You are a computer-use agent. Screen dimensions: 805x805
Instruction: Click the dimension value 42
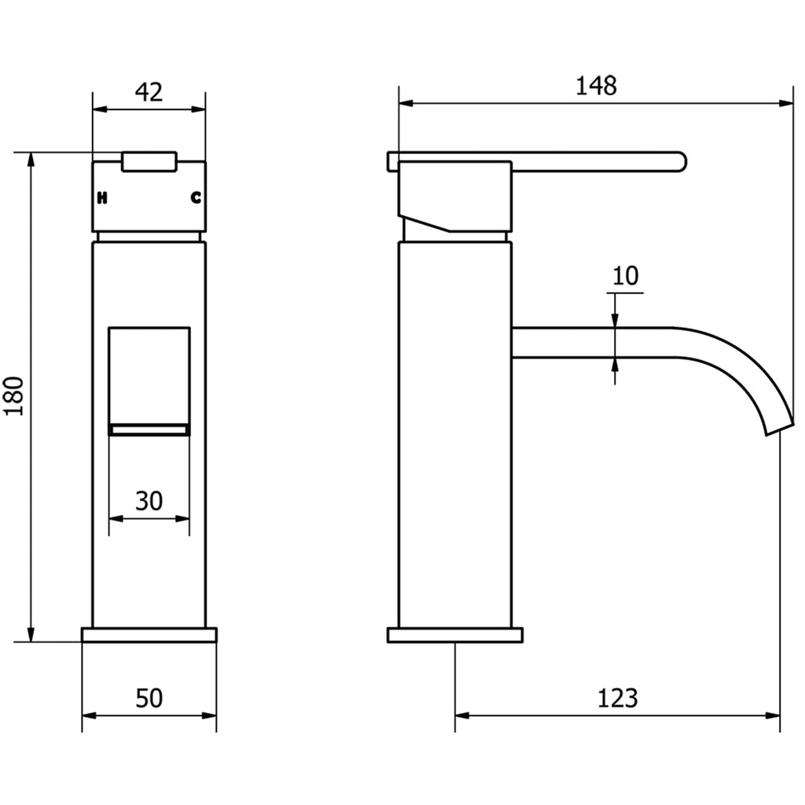click(x=149, y=92)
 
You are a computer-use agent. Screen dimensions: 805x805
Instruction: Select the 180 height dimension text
click(x=18, y=396)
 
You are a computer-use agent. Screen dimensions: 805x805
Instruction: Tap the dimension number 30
click(x=149, y=500)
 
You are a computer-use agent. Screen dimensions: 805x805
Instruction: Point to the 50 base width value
click(x=149, y=697)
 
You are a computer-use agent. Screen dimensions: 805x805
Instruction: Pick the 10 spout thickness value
click(x=626, y=276)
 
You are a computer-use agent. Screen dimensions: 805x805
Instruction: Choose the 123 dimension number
click(x=618, y=697)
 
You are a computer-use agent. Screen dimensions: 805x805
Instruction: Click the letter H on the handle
click(x=102, y=198)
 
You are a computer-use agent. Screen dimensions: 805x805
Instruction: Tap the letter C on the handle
click(x=196, y=198)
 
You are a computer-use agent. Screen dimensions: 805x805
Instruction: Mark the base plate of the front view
click(x=149, y=635)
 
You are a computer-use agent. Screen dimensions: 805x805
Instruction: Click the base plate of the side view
click(x=454, y=635)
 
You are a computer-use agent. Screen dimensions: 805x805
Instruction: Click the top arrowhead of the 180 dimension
click(x=31, y=158)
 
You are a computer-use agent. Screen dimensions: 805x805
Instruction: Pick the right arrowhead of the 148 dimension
click(x=786, y=102)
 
